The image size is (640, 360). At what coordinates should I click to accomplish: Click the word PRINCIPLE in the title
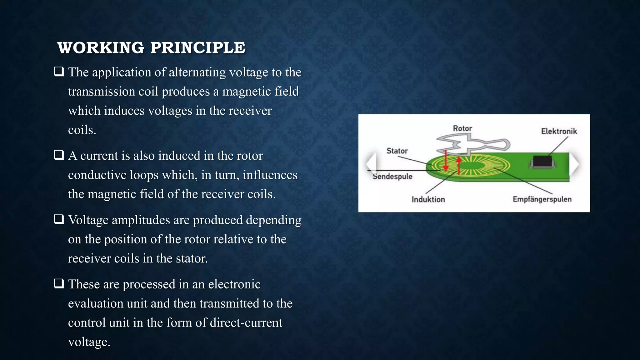click(x=198, y=48)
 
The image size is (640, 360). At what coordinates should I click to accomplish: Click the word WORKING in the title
click(x=101, y=48)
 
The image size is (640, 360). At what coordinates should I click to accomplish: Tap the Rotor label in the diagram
click(x=462, y=128)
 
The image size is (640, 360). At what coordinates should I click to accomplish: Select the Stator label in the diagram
click(x=397, y=151)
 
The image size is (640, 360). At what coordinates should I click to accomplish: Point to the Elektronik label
click(x=559, y=131)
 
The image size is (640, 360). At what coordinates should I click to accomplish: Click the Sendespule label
click(x=392, y=177)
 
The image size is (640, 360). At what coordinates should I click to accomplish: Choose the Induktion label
click(x=428, y=199)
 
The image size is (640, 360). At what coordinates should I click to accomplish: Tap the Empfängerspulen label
click(x=542, y=199)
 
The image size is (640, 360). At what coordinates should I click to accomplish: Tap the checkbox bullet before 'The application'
click(x=59, y=72)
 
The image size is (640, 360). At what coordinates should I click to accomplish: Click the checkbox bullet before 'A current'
click(x=59, y=155)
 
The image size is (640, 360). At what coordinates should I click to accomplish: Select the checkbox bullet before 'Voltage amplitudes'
click(x=59, y=219)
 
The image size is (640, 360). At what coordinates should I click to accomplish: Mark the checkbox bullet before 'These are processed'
click(x=59, y=284)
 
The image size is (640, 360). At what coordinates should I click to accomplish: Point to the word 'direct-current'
click(x=246, y=323)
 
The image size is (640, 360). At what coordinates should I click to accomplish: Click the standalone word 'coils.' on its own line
click(x=82, y=130)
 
